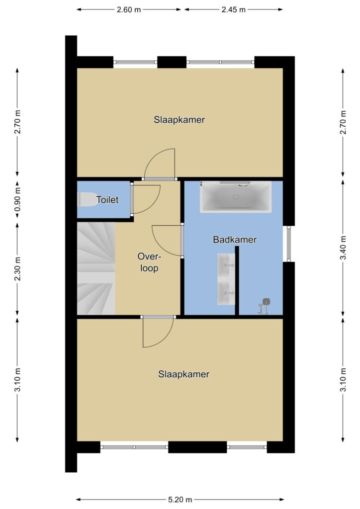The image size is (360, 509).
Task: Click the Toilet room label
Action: (107, 200)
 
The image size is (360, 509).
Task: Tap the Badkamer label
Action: (235, 240)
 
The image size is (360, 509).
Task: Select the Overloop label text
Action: (149, 262)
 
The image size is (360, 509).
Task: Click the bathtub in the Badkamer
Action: (236, 197)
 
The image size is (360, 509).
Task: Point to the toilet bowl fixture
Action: (86, 200)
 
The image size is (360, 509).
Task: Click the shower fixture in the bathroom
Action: (264, 306)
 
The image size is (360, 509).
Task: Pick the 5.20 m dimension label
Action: (180, 499)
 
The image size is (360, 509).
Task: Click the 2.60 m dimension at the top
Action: (129, 10)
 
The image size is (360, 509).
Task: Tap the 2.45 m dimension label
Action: (233, 10)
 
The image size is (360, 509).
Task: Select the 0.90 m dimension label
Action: (17, 199)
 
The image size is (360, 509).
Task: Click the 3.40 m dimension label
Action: (343, 248)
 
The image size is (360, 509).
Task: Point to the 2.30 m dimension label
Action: (17, 269)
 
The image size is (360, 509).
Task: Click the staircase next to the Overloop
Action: (96, 268)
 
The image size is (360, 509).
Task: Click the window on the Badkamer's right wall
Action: (289, 244)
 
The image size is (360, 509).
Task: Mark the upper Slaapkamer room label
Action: (179, 120)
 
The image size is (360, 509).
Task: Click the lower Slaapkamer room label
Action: (184, 374)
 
